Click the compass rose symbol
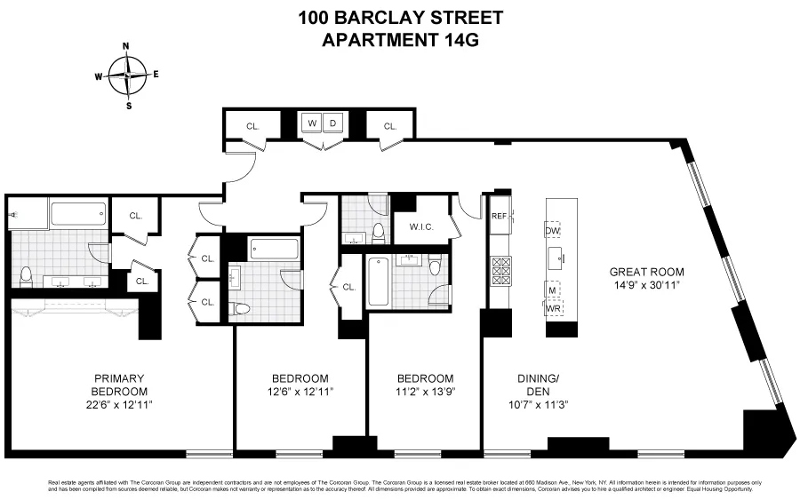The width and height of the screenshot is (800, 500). (x=128, y=75)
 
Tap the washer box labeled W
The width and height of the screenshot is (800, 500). (x=313, y=123)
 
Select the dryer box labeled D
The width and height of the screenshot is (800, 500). (x=333, y=123)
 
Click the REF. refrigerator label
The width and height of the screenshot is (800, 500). (x=499, y=216)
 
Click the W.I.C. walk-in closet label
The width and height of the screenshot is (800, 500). (x=421, y=226)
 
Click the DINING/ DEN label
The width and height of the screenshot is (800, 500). (x=538, y=385)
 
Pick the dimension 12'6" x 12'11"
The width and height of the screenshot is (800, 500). (x=300, y=392)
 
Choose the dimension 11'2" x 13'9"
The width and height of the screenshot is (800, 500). (x=425, y=392)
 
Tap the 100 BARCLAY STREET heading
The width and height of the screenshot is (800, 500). (x=400, y=17)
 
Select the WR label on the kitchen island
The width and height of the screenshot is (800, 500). (x=553, y=307)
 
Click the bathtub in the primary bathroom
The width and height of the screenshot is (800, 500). (x=78, y=214)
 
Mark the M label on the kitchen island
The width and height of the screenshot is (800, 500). (x=552, y=291)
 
